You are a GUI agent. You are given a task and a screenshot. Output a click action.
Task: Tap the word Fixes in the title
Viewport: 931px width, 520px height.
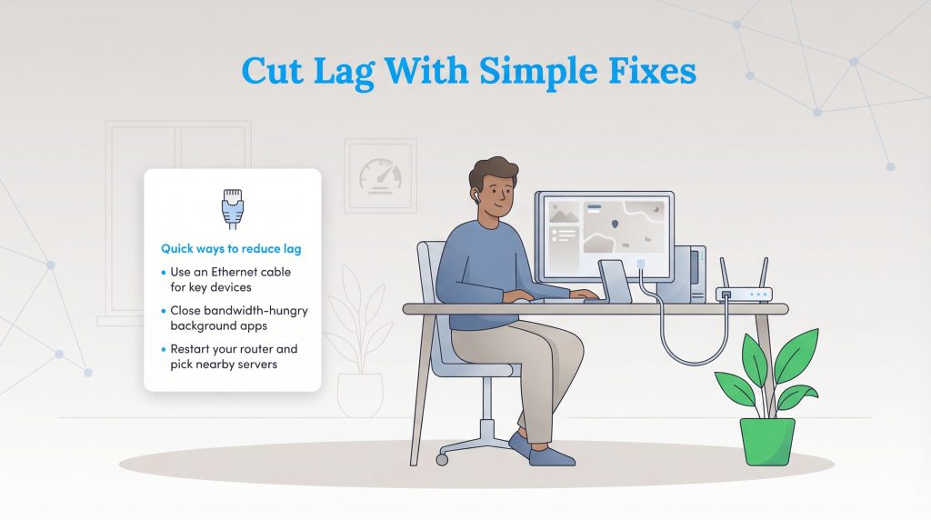pyautogui.click(x=644, y=71)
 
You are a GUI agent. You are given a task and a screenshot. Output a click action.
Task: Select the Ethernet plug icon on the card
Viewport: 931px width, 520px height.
pyautogui.click(x=233, y=206)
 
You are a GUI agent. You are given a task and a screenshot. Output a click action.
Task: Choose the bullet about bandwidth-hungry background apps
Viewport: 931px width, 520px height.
pyautogui.click(x=238, y=317)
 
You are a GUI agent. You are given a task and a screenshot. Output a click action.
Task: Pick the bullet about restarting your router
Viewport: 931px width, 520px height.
pyautogui.click(x=233, y=355)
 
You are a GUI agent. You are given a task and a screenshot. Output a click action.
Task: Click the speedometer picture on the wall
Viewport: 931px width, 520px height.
pyautogui.click(x=379, y=175)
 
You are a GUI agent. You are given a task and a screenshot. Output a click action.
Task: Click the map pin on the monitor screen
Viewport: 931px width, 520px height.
pyautogui.click(x=616, y=223)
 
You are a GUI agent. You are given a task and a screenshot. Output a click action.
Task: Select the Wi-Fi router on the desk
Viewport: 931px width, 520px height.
pyautogui.click(x=743, y=293)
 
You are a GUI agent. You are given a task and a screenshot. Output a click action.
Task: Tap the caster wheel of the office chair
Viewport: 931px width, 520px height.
pyautogui.click(x=442, y=460)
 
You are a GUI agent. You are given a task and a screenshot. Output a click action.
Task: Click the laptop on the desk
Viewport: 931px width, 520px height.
pyautogui.click(x=615, y=282)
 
